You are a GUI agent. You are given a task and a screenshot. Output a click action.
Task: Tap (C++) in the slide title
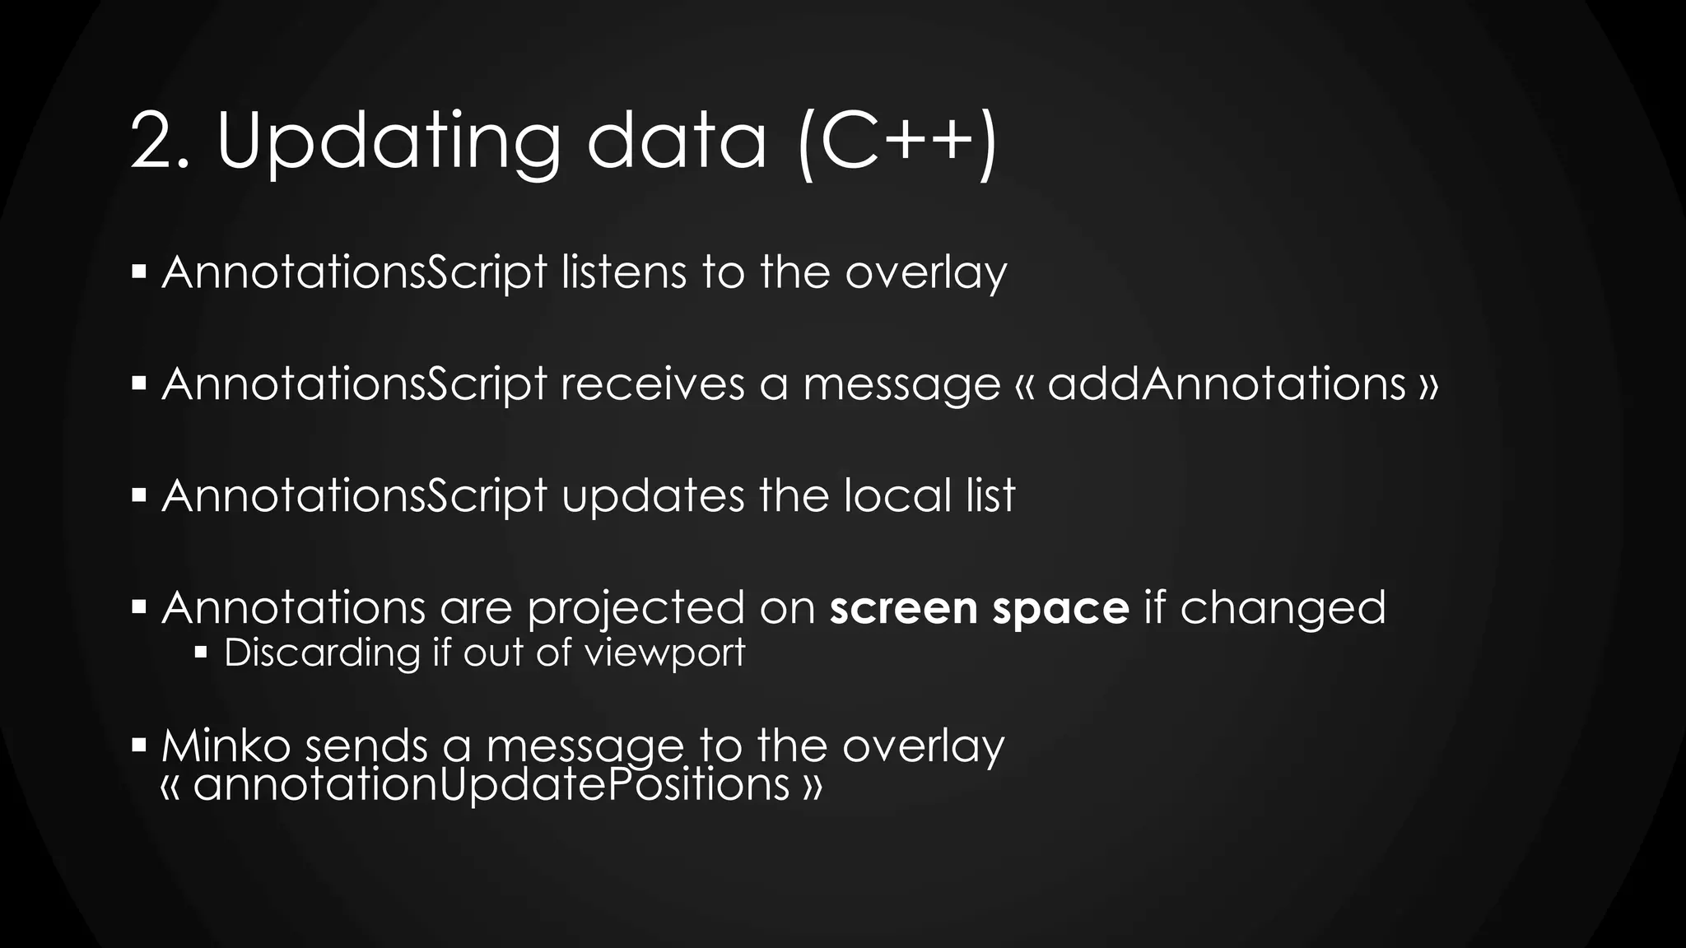898,142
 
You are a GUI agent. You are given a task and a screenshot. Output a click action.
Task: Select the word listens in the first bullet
623,272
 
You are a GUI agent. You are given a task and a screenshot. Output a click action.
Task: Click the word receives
652,384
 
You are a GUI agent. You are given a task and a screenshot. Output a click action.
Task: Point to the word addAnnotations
1227,384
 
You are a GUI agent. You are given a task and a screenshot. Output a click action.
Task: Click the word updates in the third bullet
653,496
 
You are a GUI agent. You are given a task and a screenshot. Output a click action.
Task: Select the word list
991,496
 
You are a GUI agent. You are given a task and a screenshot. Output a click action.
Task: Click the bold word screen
903,609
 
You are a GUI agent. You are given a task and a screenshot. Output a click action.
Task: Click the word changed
1283,609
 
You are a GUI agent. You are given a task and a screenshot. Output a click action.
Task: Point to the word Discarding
322,653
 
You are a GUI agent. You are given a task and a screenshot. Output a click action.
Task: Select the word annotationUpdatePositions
491,783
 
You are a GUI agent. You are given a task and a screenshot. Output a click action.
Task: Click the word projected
636,609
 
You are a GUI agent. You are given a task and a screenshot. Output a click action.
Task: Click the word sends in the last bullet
366,746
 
